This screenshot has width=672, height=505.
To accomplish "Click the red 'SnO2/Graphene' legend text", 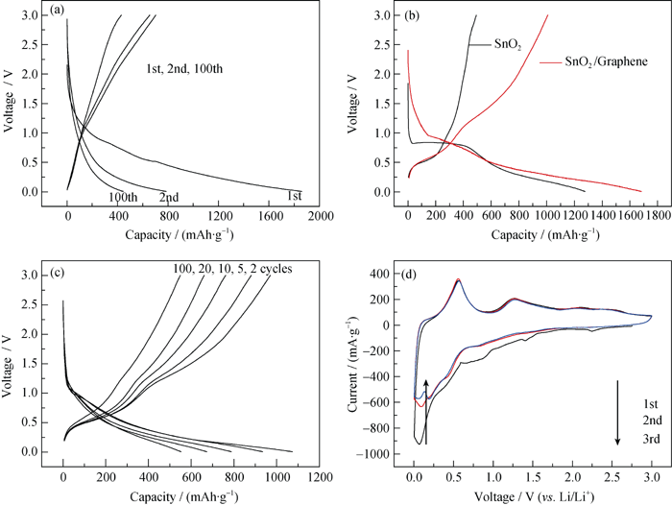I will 592,61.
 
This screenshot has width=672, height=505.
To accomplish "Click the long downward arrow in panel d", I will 617,413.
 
